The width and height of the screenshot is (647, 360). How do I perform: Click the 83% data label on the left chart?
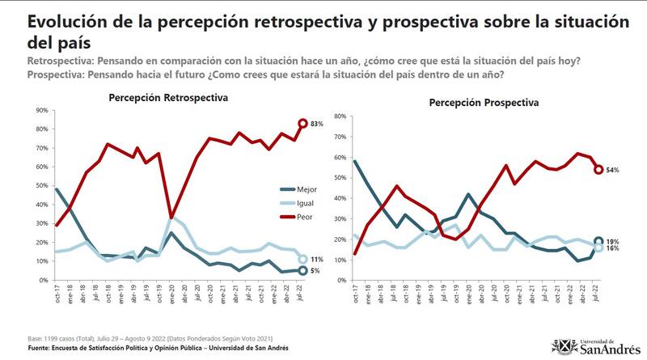pos(317,124)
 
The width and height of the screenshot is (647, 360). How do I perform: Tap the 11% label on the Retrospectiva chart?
pos(317,260)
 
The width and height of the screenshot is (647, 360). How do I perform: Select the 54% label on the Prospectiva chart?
pos(614,170)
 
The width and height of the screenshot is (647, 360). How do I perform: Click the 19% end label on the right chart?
pos(614,240)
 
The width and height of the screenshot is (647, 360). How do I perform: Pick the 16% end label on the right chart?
pos(614,249)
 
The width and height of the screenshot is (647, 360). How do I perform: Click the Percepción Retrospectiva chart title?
pos(168,98)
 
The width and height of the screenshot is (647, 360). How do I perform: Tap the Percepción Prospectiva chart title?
pos(483,104)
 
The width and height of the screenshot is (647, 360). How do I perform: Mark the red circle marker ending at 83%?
pos(302,124)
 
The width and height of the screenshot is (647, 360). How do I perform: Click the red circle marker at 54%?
pos(598,170)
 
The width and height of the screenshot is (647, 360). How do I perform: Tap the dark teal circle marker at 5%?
pos(302,271)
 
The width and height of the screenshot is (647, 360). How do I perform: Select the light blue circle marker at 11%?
pos(302,260)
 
